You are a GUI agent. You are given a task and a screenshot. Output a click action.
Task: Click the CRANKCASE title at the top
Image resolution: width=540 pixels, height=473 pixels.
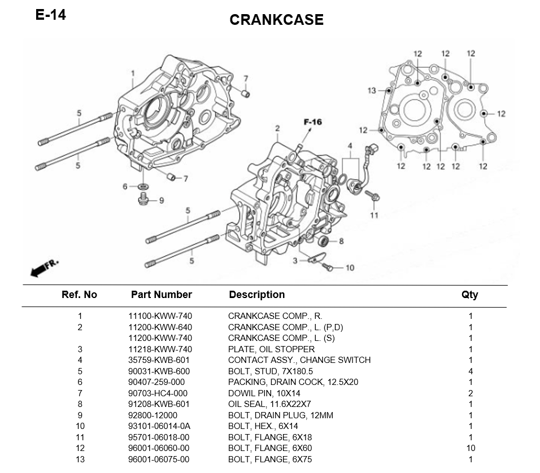point(276,20)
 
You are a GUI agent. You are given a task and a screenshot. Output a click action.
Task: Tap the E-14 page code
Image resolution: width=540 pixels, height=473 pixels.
point(51,15)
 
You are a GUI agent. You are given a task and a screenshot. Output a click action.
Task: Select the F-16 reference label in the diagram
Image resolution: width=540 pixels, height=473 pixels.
point(312,122)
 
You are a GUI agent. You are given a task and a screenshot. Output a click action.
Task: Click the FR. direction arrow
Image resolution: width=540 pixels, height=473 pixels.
point(41,270)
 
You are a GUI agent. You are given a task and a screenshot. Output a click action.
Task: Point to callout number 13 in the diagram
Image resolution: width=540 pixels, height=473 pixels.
point(371,91)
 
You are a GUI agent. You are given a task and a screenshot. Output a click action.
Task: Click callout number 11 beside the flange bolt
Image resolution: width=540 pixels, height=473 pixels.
point(374,215)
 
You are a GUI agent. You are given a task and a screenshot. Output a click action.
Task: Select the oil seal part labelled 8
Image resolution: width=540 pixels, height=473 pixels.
point(323,242)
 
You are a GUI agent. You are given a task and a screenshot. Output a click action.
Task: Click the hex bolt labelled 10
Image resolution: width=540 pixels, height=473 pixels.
point(330,268)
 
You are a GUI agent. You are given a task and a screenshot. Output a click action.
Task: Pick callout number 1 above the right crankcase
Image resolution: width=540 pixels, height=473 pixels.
point(133,73)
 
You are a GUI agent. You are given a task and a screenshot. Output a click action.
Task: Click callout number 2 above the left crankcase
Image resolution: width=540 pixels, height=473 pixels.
point(277,129)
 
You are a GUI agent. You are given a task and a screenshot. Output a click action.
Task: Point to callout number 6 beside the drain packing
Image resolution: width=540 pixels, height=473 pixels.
point(125,187)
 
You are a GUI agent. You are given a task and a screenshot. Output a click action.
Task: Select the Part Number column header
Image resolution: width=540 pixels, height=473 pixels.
point(161,295)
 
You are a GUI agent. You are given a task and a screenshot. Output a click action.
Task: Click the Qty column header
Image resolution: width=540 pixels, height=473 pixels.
point(469,295)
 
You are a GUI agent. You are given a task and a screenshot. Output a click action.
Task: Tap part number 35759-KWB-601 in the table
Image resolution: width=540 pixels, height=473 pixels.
point(159,360)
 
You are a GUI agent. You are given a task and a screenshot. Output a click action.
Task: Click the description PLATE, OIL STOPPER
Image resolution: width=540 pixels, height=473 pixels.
point(271,349)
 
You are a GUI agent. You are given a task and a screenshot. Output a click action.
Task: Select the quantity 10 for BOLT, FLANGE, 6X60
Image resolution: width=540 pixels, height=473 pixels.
point(470,448)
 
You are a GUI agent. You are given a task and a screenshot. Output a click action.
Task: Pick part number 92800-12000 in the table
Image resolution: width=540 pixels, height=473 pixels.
point(153,415)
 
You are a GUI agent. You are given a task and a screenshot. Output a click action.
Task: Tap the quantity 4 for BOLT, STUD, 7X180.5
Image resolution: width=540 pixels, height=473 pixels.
point(471,371)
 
